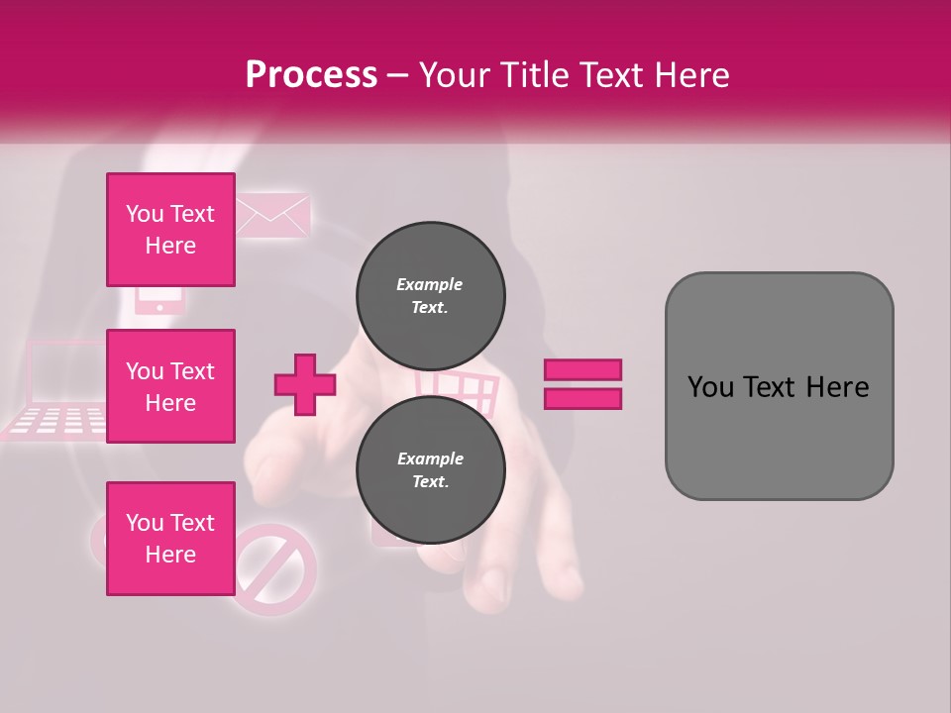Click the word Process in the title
311,75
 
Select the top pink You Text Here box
170,230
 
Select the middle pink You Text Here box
170,386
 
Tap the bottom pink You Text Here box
170,539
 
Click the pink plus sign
305,384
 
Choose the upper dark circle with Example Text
430,295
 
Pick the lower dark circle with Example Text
430,469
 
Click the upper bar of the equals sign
582,370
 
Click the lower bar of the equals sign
582,398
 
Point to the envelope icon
273,215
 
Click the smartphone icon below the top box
158,299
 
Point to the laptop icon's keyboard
59,421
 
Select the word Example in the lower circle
430,458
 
